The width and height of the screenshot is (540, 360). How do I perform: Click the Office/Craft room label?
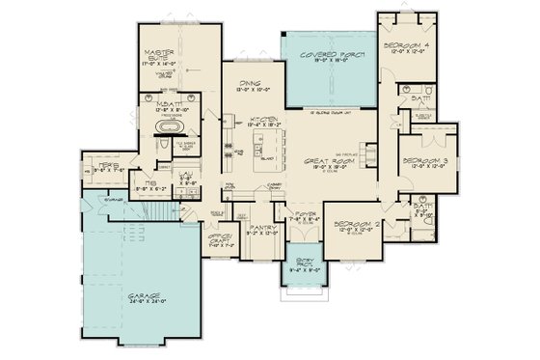click(217, 235)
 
